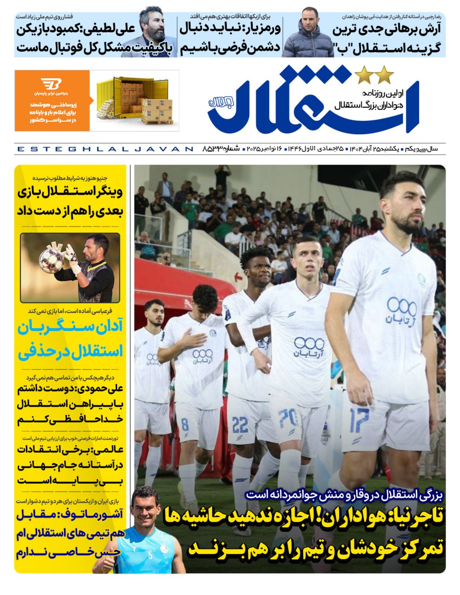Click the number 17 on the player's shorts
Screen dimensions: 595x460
pyautogui.click(x=359, y=420)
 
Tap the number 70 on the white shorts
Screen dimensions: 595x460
pyautogui.click(x=288, y=418)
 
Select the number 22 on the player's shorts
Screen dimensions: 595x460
pyautogui.click(x=240, y=424)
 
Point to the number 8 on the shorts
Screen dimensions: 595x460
pyautogui.click(x=185, y=424)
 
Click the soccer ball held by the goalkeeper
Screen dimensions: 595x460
pyautogui.click(x=51, y=260)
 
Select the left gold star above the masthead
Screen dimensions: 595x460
pyautogui.click(x=363, y=75)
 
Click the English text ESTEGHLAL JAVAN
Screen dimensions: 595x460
pyautogui.click(x=104, y=149)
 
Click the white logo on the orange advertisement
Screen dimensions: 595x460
pyautogui.click(x=51, y=85)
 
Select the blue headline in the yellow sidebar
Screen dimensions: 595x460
pyautogui.click(x=70, y=339)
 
